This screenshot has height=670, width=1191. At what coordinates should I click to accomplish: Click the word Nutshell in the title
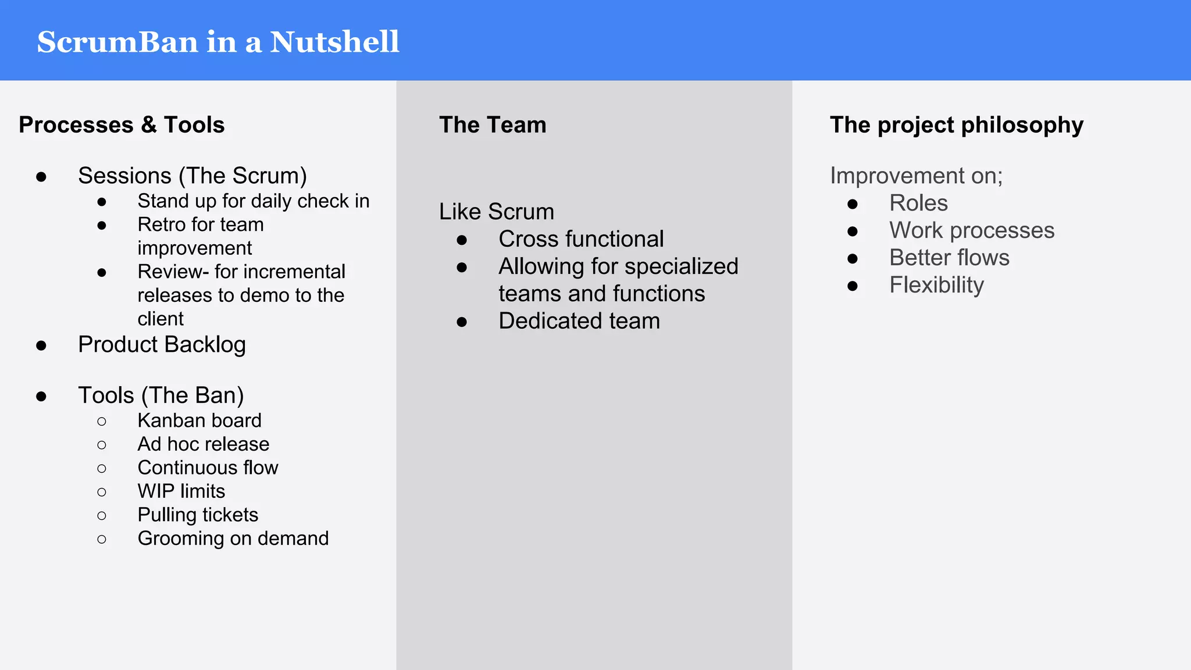(x=334, y=42)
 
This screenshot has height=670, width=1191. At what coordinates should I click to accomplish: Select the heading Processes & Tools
(x=122, y=125)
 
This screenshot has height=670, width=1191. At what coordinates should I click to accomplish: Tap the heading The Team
(x=493, y=125)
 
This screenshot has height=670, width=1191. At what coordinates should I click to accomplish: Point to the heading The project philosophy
(x=957, y=125)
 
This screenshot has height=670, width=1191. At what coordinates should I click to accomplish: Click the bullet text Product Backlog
(x=162, y=344)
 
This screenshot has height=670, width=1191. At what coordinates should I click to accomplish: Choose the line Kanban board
(x=199, y=420)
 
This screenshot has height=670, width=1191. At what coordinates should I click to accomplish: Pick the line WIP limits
(x=181, y=491)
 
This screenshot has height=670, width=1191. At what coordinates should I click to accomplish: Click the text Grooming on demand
(x=233, y=538)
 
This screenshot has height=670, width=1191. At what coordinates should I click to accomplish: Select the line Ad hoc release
(x=203, y=444)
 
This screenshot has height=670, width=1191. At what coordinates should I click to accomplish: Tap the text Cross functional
(x=581, y=239)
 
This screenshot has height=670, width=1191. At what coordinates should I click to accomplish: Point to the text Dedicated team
(x=579, y=321)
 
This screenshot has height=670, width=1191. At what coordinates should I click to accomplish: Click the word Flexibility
(x=936, y=285)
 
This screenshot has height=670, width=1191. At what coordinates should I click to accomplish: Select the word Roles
(x=918, y=203)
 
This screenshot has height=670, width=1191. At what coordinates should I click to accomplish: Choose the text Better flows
(x=949, y=258)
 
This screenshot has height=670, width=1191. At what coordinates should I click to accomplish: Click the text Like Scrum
(x=496, y=212)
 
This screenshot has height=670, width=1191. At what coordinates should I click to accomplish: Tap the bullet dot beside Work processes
(x=853, y=231)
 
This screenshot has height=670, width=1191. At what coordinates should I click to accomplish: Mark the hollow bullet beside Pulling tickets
(x=102, y=515)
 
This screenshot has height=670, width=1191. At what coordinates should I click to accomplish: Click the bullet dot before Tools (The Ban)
(x=41, y=397)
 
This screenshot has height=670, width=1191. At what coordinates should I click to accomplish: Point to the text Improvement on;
(x=916, y=176)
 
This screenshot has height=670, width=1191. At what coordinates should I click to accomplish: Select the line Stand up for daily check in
(x=253, y=201)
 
